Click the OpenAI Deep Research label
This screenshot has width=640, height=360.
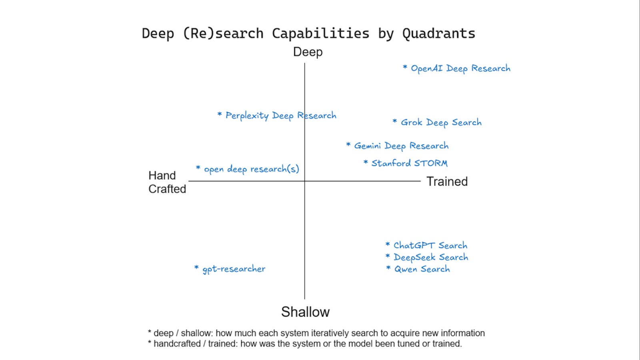pyautogui.click(x=460, y=68)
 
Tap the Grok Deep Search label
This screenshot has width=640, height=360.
pyautogui.click(x=441, y=122)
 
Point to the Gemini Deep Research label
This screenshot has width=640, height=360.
pyautogui.click(x=401, y=146)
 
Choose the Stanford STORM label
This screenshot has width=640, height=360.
pyautogui.click(x=409, y=163)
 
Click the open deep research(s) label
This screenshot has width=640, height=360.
pyautogui.click(x=251, y=169)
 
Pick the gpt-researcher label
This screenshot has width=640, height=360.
pyautogui.click(x=234, y=269)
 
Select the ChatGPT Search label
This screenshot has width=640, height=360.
pyautogui.click(x=430, y=245)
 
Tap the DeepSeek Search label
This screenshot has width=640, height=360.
pyautogui.click(x=431, y=257)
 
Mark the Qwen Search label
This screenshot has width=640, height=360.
pyautogui.click(x=422, y=269)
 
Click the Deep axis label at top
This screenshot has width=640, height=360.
pyautogui.click(x=308, y=52)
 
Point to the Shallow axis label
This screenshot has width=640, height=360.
pyautogui.click(x=305, y=312)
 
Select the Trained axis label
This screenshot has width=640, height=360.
pyautogui.click(x=447, y=182)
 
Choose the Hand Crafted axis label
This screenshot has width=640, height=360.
pyautogui.click(x=167, y=182)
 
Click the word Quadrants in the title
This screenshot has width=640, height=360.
pyautogui.click(x=438, y=34)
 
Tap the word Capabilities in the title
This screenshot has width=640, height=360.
pyautogui.click(x=320, y=34)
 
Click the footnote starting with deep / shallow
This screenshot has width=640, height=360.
pyautogui.click(x=316, y=333)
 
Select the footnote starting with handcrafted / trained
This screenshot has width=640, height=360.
pyautogui.click(x=305, y=344)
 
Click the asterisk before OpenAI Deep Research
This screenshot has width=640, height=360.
pyautogui.click(x=405, y=67)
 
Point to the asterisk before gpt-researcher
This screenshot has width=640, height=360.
pyautogui.click(x=196, y=267)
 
